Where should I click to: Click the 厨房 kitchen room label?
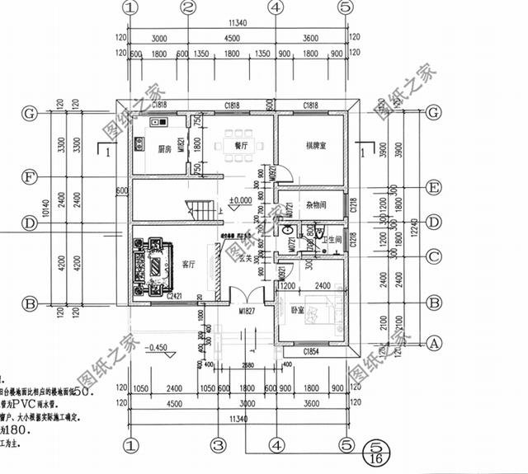[x=163, y=149]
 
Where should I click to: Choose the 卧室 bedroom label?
[x=298, y=312]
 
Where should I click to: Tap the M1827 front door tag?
[x=245, y=312]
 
